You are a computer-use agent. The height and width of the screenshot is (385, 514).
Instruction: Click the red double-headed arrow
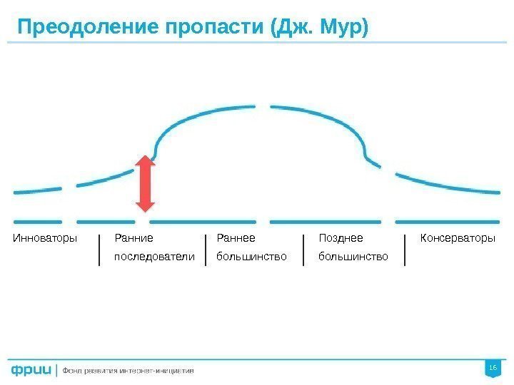tap(146, 184)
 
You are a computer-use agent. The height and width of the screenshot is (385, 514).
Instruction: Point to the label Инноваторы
tap(45, 237)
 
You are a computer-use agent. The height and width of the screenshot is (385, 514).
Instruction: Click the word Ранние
tap(134, 237)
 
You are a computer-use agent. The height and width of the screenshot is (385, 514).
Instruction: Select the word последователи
tap(154, 255)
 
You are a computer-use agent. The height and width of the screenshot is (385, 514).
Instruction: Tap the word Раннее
tap(236, 237)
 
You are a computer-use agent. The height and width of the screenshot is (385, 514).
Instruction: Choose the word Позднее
tap(341, 237)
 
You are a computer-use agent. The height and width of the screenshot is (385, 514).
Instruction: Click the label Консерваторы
tap(457, 237)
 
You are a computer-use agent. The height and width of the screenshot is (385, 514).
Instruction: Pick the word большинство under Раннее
tap(251, 255)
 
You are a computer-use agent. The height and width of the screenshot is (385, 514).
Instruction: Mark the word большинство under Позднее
tap(353, 255)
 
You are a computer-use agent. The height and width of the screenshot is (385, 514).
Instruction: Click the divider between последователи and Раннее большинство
tap(206, 250)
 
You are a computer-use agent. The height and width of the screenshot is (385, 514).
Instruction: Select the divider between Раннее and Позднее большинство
tap(303, 250)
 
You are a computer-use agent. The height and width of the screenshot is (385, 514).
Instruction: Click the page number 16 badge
tap(491, 367)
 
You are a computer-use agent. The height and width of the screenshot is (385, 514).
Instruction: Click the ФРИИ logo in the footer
tap(31, 370)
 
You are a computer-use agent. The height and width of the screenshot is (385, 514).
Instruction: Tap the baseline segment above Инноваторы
tap(38, 220)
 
